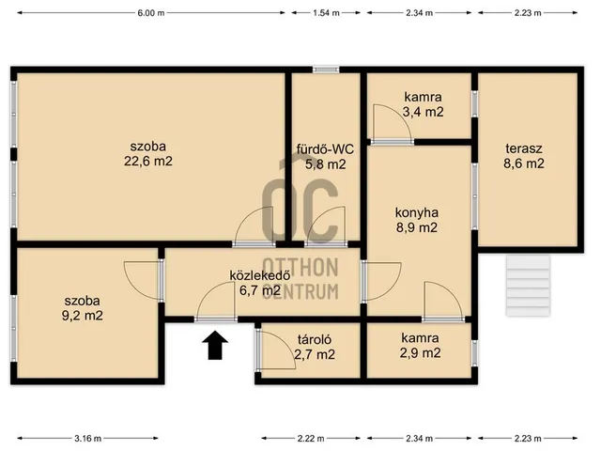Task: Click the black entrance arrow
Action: click(x=218, y=345)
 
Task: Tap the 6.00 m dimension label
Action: click(x=151, y=13)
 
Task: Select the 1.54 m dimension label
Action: click(x=326, y=13)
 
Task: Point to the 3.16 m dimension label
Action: click(x=87, y=438)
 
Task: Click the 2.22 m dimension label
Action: click(x=311, y=438)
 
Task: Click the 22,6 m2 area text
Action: click(x=148, y=161)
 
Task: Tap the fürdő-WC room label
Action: click(x=325, y=148)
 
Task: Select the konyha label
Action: click(x=417, y=212)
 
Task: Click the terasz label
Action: click(x=524, y=148)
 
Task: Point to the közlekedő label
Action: click(x=259, y=275)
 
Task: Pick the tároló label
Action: click(x=315, y=339)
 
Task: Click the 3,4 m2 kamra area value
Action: click(x=423, y=112)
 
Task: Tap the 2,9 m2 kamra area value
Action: click(x=420, y=353)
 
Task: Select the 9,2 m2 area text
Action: click(x=82, y=316)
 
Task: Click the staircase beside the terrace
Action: click(x=528, y=286)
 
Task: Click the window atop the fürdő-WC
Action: click(x=326, y=70)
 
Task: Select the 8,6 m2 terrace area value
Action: click(x=524, y=163)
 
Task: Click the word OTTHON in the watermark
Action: click(x=300, y=267)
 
